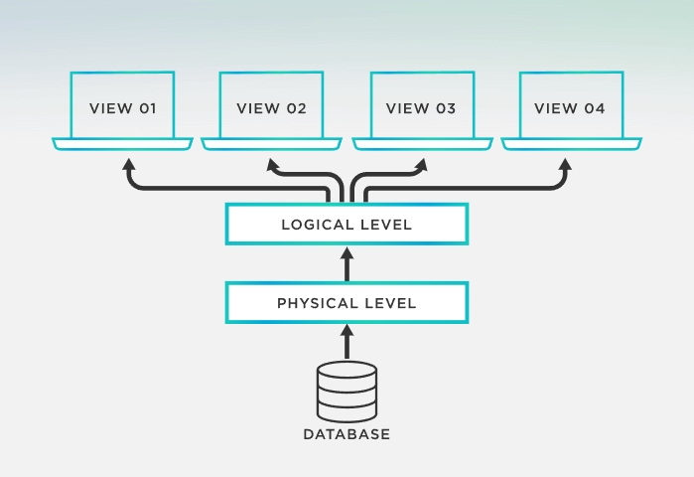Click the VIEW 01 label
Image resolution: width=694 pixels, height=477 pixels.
(123, 108)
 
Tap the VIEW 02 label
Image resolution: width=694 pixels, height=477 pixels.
(271, 108)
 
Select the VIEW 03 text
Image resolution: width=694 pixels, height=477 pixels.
(421, 108)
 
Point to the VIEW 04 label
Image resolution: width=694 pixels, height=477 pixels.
(570, 108)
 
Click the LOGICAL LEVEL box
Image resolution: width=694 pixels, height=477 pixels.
(347, 225)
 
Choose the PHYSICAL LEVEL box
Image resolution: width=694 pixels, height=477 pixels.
(347, 303)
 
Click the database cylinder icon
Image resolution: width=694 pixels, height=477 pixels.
(347, 391)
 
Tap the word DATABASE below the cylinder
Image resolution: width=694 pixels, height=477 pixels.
(347, 434)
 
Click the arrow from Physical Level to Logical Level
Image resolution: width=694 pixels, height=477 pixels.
(347, 264)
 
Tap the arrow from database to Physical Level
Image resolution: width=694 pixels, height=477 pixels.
(347, 343)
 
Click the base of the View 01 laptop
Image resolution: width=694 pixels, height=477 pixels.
(123, 145)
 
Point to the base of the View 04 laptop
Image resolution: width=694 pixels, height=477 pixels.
(570, 145)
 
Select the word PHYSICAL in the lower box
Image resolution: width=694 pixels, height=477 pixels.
(315, 303)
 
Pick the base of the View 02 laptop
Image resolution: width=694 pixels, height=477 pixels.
(271, 145)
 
